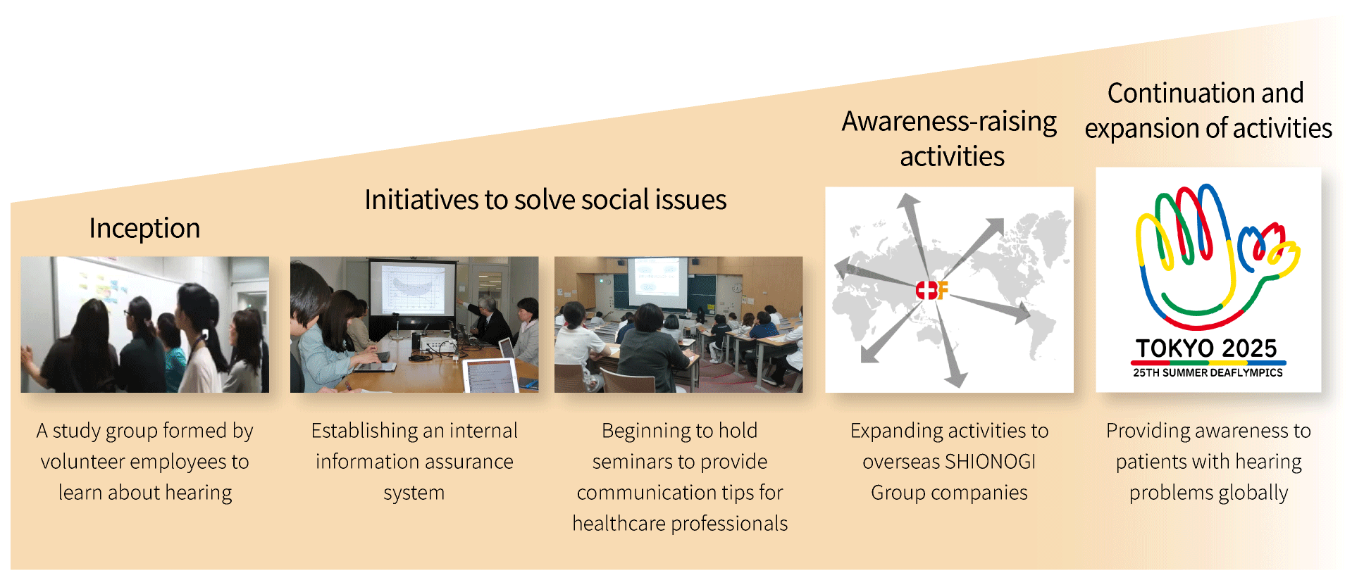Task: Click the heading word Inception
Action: pos(144,229)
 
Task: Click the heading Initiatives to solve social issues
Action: pos(545,200)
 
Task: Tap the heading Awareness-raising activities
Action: pos(950,139)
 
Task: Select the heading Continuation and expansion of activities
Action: pos(1208,111)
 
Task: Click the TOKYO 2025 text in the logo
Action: pos(1206,348)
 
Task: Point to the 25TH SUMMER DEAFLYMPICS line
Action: pos(1208,372)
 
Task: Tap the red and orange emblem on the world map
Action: pos(932,290)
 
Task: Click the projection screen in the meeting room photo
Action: pos(412,288)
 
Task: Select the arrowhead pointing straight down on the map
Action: pos(955,379)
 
